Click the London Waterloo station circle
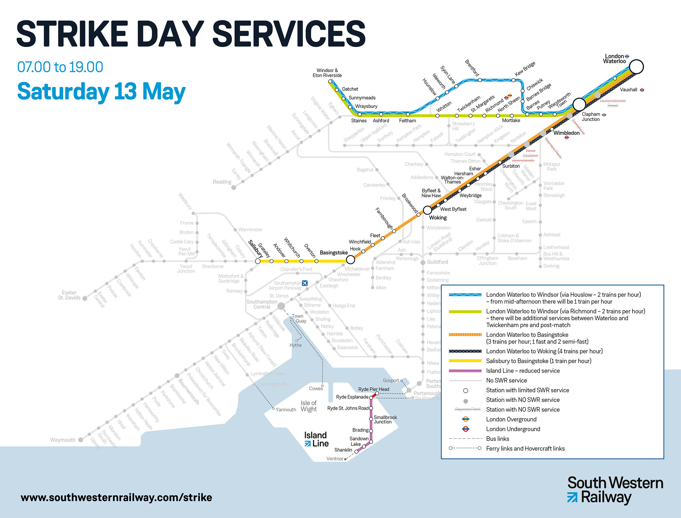click(x=636, y=67)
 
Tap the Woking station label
click(x=437, y=218)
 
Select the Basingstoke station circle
click(x=350, y=260)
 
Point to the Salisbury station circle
click(x=258, y=261)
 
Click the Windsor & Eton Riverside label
click(x=327, y=73)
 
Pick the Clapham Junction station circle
click(x=579, y=105)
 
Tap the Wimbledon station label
click(x=566, y=133)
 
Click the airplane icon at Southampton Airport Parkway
click(x=304, y=283)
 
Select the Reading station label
click(x=222, y=182)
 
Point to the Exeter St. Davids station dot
click(x=85, y=298)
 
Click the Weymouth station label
click(x=63, y=440)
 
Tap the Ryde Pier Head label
click(x=374, y=389)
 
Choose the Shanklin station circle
click(x=357, y=451)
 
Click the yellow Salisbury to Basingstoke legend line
click(x=465, y=361)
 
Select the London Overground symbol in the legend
click(x=465, y=419)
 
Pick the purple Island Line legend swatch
click(x=465, y=370)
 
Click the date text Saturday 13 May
click(x=101, y=91)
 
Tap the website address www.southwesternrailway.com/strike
click(x=116, y=498)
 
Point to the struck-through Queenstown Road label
click(x=612, y=103)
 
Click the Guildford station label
click(x=437, y=262)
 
